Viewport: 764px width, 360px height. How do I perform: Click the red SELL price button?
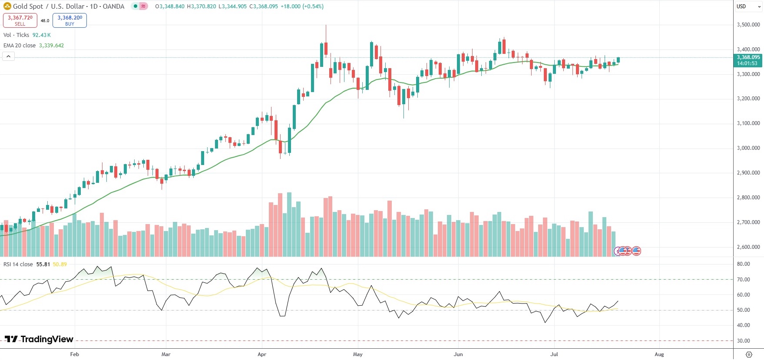20,20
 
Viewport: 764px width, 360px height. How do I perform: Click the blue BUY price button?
69,20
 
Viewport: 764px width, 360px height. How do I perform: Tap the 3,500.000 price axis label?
748,25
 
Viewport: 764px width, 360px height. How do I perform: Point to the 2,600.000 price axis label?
748,247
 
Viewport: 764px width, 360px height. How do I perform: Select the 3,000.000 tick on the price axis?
748,148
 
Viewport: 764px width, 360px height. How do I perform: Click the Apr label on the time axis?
261,354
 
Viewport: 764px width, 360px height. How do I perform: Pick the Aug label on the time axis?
659,354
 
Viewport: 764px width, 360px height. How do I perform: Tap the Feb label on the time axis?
74,354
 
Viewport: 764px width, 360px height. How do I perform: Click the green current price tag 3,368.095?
748,60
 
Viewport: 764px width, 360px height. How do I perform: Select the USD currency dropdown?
748,7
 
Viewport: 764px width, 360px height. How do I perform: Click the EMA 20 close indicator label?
20,46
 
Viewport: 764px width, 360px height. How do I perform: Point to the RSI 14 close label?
18,264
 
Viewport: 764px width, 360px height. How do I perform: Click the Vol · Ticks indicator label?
16,35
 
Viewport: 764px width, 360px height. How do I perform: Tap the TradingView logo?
39,339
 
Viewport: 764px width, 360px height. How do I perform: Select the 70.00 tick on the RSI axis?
743,280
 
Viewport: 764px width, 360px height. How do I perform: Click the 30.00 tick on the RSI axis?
743,341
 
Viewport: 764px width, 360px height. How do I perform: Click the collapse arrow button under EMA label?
8,56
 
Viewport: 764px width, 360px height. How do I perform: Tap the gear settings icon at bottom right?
748,354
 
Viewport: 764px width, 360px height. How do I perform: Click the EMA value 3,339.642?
51,46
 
